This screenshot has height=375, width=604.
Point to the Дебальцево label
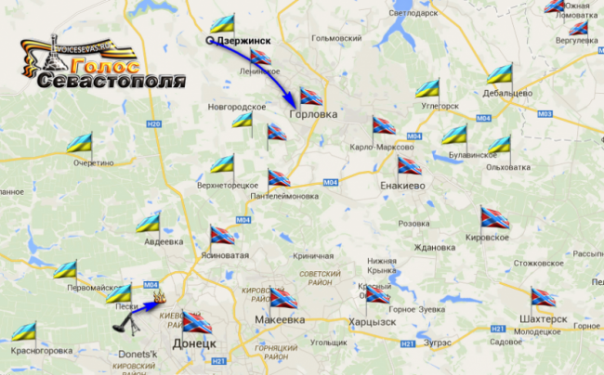click(507, 94)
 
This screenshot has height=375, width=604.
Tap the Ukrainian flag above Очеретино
click(79, 144)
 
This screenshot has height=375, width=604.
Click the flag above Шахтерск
click(542, 298)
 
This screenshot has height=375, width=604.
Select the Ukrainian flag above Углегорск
click(427, 88)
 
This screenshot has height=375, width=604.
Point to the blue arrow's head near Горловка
click(295, 97)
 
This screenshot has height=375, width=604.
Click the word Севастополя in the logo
click(112, 81)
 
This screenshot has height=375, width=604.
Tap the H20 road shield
click(154, 125)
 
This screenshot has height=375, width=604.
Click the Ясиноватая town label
click(223, 254)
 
